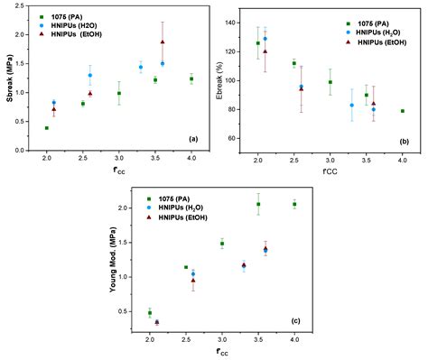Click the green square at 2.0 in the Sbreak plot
tap(47, 128)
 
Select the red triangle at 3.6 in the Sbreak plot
tap(163, 42)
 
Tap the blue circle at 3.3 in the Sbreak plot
tap(141, 68)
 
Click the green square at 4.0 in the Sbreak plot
tap(191, 79)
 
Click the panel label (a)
tap(192, 138)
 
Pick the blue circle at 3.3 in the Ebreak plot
tap(352, 106)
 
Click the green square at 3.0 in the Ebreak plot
tap(330, 82)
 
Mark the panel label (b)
tap(402, 141)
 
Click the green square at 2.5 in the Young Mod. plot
tap(186, 267)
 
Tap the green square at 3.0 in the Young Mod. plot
tap(222, 244)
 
